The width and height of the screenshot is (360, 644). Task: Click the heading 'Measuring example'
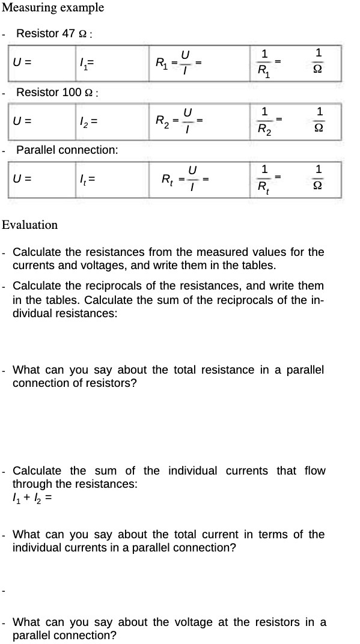(x=53, y=8)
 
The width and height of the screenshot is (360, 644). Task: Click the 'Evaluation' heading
(x=30, y=225)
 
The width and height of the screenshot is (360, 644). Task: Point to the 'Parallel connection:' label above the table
(x=67, y=150)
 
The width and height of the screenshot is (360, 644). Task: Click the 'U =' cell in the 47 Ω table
(x=22, y=62)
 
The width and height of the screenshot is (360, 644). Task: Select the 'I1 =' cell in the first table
(x=87, y=62)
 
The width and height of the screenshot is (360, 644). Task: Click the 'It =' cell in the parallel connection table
(x=87, y=178)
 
